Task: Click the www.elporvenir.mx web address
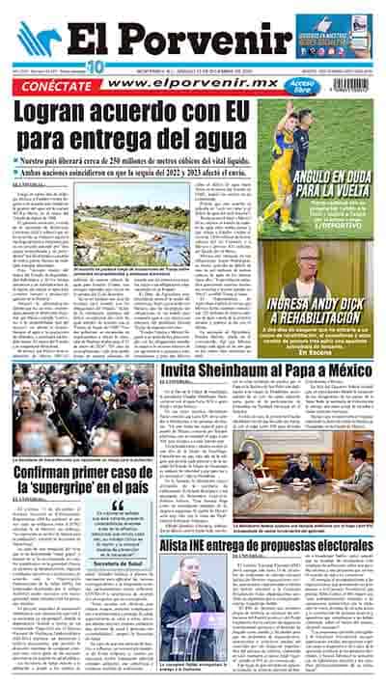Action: pos(188,84)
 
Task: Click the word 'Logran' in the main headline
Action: pos(71,119)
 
